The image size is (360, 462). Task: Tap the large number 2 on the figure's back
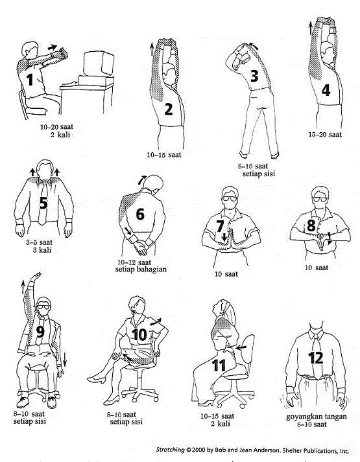[x=169, y=109]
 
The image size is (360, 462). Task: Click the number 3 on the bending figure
[x=254, y=75]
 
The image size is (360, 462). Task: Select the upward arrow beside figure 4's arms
[x=311, y=29]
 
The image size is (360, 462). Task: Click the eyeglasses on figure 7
[x=230, y=198]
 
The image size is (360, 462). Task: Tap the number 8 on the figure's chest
[x=311, y=225]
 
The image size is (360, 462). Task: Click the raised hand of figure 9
[x=36, y=277]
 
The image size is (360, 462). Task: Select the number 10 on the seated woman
[x=139, y=335]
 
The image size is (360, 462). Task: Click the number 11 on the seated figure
[x=219, y=365]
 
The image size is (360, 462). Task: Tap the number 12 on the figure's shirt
[x=315, y=358]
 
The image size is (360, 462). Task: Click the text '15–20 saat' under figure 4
[x=325, y=135]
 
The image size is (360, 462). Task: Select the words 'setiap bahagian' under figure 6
[x=141, y=269]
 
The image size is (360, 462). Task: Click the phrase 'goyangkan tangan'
[x=317, y=417]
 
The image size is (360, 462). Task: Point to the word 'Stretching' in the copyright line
[x=170, y=450]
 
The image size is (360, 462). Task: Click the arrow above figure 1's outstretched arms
[x=53, y=47]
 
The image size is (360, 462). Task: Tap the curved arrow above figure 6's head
[x=142, y=179]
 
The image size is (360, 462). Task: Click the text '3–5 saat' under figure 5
[x=39, y=242]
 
